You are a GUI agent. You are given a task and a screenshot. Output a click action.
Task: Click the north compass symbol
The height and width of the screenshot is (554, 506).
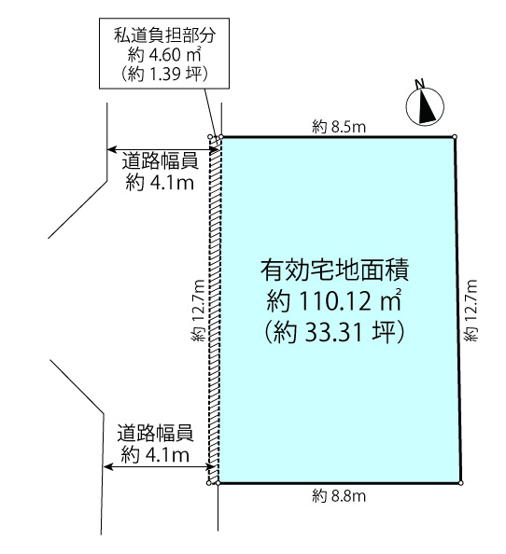[x=425, y=106]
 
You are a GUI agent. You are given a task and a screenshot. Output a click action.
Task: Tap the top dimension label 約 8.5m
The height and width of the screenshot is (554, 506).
[x=338, y=127]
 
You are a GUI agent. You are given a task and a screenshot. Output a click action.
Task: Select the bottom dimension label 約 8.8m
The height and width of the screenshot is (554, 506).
[x=338, y=496]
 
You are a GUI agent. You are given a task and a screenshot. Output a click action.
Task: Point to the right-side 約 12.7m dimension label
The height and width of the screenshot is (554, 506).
[x=471, y=311]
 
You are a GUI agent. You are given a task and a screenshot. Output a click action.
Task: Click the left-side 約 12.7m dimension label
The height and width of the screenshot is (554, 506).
[x=198, y=311]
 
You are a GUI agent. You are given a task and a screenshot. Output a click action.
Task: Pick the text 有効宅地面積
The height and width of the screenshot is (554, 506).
[x=334, y=270]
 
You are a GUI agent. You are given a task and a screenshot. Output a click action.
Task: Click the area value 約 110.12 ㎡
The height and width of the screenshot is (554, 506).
[x=334, y=300]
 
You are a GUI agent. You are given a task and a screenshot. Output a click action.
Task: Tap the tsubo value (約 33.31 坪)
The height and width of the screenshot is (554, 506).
[x=334, y=332]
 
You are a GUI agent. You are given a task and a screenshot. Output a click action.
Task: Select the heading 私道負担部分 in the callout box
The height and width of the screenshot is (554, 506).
[x=164, y=35]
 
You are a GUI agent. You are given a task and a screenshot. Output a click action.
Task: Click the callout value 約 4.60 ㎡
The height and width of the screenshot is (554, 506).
[x=164, y=55]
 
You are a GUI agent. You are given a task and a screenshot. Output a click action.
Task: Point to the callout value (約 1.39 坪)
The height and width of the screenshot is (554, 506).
[x=164, y=74]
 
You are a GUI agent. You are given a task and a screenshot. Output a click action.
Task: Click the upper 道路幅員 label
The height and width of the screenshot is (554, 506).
[x=160, y=161]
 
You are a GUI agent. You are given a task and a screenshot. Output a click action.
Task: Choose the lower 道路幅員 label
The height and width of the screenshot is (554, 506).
[x=155, y=433]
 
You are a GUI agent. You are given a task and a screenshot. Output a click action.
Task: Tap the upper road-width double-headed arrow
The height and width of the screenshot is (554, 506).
[x=163, y=150]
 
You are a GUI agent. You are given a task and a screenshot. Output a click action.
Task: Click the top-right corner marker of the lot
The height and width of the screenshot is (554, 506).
[x=455, y=137]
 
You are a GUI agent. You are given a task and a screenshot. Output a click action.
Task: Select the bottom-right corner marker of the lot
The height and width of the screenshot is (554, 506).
[x=461, y=482]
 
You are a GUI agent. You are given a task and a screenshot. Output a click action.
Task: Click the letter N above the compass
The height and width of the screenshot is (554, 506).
[x=420, y=84]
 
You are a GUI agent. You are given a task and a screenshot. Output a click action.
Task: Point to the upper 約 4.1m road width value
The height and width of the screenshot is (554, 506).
[x=160, y=182]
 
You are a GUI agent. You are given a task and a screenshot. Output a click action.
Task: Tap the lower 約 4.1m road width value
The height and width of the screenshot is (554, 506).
[x=155, y=454]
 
